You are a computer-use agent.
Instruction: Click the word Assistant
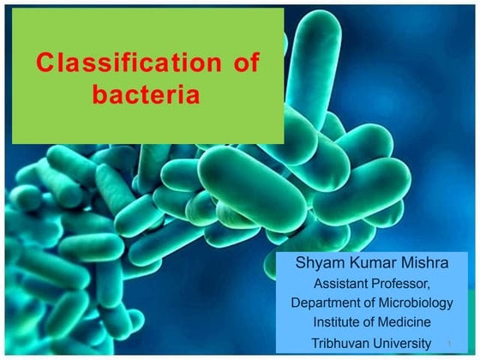click(x=345, y=283)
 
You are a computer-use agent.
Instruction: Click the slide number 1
click(x=449, y=344)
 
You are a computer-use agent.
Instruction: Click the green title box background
click(x=146, y=124)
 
